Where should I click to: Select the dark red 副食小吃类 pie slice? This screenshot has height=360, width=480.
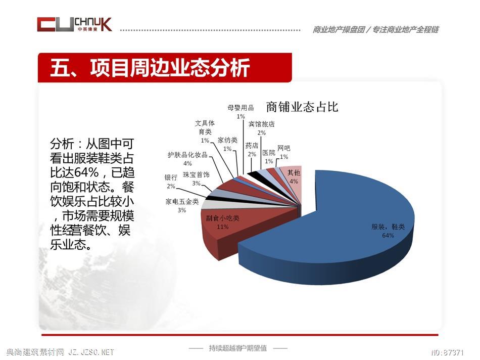pyautogui.click(x=232, y=227)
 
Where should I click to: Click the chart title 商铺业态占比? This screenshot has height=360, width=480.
pyautogui.click(x=302, y=107)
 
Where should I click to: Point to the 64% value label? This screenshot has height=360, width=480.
pyautogui.click(x=388, y=235)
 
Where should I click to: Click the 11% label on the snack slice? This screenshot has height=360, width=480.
pyautogui.click(x=222, y=227)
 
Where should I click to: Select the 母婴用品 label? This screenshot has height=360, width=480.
pyautogui.click(x=241, y=108)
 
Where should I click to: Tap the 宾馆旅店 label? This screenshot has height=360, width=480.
pyautogui.click(x=261, y=124)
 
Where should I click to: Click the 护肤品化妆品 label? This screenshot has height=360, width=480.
pyautogui.click(x=187, y=155)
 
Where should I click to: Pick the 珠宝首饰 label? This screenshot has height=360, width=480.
pyautogui.click(x=196, y=174)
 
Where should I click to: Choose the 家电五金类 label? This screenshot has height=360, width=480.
pyautogui.click(x=182, y=201)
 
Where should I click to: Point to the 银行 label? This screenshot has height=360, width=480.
pyautogui.click(x=171, y=177)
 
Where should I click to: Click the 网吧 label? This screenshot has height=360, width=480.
pyautogui.click(x=284, y=148)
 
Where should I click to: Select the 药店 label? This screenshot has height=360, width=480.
pyautogui.click(x=252, y=146)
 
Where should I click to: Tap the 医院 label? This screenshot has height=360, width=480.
pyautogui.click(x=269, y=152)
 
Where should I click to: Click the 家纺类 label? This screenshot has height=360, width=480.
pyautogui.click(x=227, y=140)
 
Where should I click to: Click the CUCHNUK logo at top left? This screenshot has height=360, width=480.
pyautogui.click(x=74, y=24)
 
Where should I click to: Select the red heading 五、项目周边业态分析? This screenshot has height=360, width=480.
pyautogui.click(x=150, y=68)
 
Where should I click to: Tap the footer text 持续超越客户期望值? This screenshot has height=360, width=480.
pyautogui.click(x=238, y=348)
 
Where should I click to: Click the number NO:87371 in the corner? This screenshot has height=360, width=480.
pyautogui.click(x=447, y=352)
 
